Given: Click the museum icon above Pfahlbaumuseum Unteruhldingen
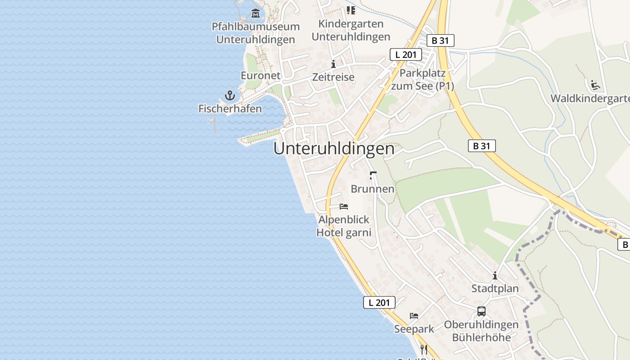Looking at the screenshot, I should coord(256,13).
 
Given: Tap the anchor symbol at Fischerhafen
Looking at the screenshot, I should coord(230,95).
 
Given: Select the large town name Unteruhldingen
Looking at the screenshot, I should coord(333,149).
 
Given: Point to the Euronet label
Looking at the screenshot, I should coord(261,76).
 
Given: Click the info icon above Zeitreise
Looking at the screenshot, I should coord(333,64).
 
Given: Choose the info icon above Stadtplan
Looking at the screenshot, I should coord(495,275).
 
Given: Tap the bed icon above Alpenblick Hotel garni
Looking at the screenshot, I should coord(344,207).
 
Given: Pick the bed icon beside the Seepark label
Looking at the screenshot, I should coord(414,316).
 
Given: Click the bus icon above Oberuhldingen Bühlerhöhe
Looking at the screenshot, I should coord(481,311).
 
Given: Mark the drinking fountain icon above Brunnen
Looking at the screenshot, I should coord(372,175).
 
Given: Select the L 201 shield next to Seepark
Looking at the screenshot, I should coord(379,302).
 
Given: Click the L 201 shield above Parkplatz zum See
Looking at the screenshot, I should coord(405,55).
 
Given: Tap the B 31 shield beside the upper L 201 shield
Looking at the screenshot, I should coord(440,40).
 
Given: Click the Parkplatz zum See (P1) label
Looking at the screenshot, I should coord(422,80).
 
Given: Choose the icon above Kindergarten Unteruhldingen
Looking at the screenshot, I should coord(351,10).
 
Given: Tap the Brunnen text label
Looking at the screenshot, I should coord(372,189).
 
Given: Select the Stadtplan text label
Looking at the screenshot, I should coord(495,288).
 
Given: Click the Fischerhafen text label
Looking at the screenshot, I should coord(230,108).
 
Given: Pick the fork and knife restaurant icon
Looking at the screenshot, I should coord(423,349).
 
